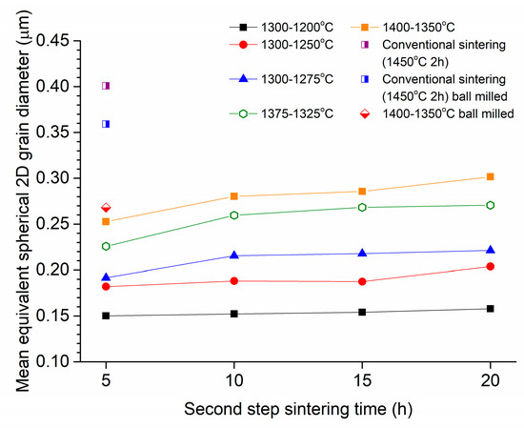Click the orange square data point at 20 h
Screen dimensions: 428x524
(490, 176)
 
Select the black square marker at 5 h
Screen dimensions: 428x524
(106, 316)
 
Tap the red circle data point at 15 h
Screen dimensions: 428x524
(362, 281)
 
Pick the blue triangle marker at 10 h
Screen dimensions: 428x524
(234, 255)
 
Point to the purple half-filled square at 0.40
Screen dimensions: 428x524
(106, 86)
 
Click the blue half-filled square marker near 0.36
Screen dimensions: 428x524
(106, 124)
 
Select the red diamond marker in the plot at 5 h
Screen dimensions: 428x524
(106, 208)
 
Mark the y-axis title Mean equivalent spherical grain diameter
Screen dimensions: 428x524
(21, 200)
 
